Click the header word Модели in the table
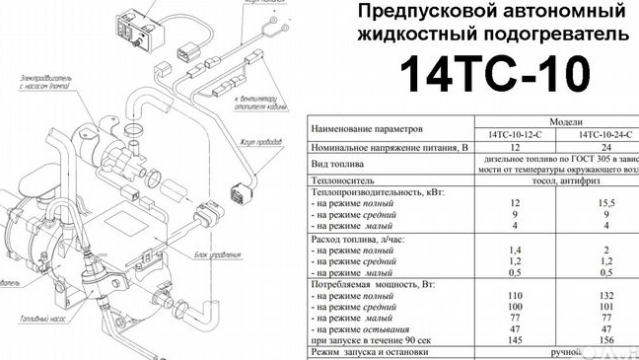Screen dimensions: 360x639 558,118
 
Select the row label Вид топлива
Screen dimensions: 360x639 338,163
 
